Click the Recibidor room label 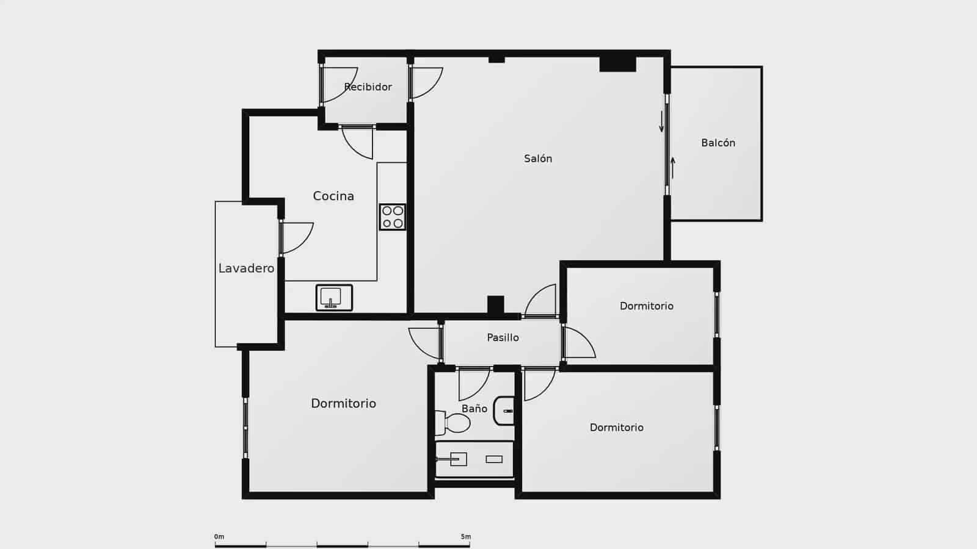coord(368,87)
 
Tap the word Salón coord(538,159)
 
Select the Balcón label coord(718,143)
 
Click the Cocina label coord(333,196)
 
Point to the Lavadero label coord(246,268)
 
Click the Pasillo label coord(503,337)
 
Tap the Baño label coord(474,409)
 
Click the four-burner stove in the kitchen coord(392,217)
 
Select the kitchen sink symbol coord(334,298)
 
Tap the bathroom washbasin coord(505,411)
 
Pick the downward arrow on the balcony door coord(661,121)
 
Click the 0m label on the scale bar coord(219,537)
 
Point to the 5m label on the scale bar coord(466,537)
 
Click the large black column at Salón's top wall coord(617,64)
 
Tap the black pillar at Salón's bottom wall coord(495,304)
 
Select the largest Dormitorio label coord(343,403)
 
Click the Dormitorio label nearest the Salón coord(646,306)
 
